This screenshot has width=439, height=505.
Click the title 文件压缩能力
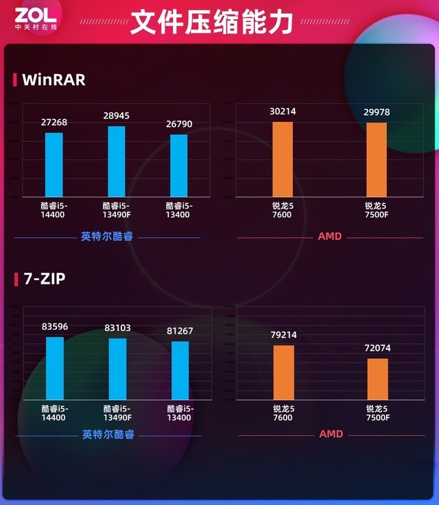(x=211, y=22)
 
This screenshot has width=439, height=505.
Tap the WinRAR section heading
(x=54, y=79)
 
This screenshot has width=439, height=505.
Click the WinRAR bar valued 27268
(x=54, y=164)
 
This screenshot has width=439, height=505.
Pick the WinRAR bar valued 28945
(x=117, y=162)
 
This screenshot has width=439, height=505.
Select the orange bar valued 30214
(x=283, y=160)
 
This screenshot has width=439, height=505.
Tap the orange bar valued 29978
(x=377, y=160)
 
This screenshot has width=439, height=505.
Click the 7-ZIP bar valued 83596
(x=55, y=368)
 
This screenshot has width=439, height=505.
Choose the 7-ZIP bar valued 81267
(x=180, y=370)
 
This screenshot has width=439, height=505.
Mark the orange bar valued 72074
(x=378, y=379)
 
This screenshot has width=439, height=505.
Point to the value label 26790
(x=179, y=125)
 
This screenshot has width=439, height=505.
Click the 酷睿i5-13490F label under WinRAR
(x=117, y=210)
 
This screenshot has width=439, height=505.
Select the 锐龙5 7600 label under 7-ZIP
(x=283, y=413)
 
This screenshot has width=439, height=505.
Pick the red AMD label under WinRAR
(x=329, y=236)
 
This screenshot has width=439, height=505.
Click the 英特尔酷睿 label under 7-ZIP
(x=108, y=434)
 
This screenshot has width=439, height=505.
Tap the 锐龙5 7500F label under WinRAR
(x=376, y=210)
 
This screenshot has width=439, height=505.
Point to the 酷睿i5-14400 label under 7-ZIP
(x=54, y=413)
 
